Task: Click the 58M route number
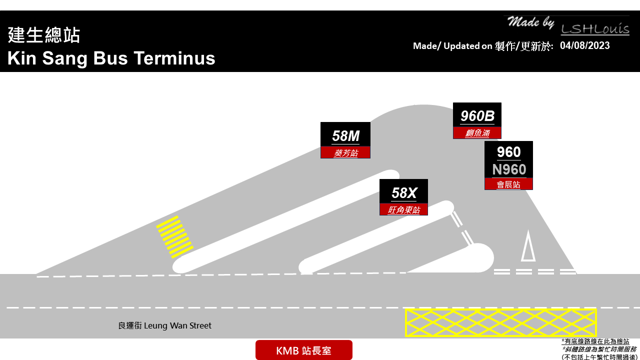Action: click(345, 136)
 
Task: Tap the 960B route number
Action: click(477, 116)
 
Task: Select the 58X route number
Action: click(403, 193)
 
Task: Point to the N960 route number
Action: click(509, 169)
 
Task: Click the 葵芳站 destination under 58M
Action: click(345, 153)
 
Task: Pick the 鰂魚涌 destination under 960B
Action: click(477, 133)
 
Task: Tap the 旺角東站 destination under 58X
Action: click(403, 210)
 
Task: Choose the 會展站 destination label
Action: click(508, 184)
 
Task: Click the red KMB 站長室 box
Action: click(303, 350)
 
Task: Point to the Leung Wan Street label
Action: click(165, 325)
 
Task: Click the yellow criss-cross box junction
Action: click(500, 322)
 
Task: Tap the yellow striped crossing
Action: click(175, 237)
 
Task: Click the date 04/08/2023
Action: click(584, 45)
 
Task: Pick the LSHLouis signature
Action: click(595, 29)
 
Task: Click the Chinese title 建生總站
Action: click(43, 35)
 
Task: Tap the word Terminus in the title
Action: click(174, 58)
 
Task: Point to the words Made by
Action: click(530, 22)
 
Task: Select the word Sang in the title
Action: click(65, 59)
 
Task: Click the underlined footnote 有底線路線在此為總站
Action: click(595, 341)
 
